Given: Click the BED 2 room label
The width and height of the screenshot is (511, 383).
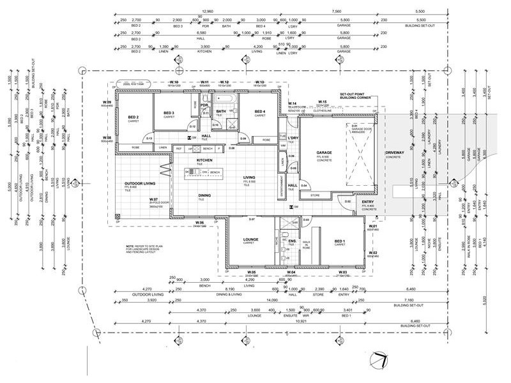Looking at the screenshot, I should point(133,117).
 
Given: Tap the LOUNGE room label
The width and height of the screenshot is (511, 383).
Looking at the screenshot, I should point(249,241).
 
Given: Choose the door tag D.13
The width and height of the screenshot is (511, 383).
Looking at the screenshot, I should point(148,138).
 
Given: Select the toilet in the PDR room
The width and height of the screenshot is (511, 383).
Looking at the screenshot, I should point(206,113).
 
